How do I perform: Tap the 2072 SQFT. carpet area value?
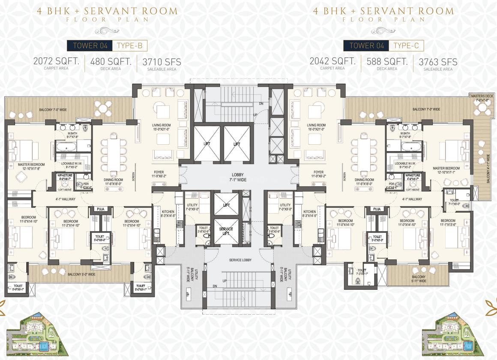point(56,61)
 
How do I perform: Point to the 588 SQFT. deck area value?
point(387,61)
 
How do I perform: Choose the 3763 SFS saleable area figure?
point(438,62)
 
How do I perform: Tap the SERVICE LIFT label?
point(226,232)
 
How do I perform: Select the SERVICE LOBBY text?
point(240,260)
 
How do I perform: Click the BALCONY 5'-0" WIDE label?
point(84,274)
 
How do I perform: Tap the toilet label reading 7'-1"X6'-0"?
point(454,202)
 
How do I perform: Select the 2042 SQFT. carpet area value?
point(332,61)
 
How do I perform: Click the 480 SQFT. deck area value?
point(111,61)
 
